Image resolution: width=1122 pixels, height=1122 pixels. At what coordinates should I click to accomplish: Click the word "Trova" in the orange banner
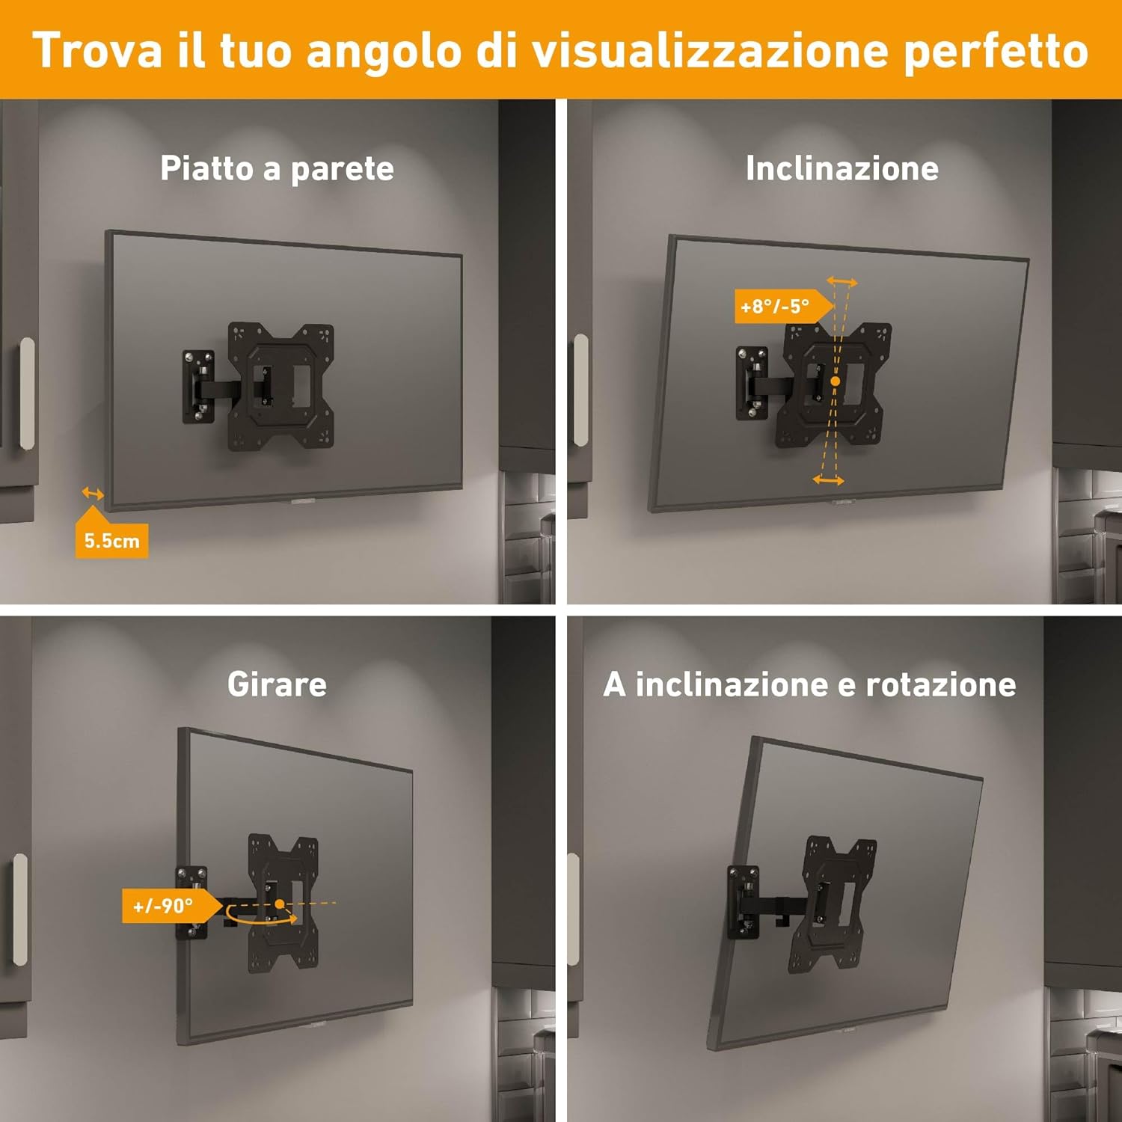tap(97, 50)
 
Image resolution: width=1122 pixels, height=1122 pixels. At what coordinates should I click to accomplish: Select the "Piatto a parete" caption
tap(277, 168)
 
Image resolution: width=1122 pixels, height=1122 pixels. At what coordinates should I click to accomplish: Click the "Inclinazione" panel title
tap(841, 168)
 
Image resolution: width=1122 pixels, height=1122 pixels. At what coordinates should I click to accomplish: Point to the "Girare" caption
tap(277, 684)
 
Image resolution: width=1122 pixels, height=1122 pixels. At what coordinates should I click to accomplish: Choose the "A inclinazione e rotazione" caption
tap(809, 684)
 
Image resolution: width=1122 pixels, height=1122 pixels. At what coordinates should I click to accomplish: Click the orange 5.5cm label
tap(111, 540)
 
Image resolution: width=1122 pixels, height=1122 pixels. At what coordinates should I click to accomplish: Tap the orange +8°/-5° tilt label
tap(776, 307)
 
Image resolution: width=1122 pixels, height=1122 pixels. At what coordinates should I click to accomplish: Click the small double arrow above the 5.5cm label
tap(93, 493)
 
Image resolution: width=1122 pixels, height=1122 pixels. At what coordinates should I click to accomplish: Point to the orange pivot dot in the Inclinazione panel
tap(836, 381)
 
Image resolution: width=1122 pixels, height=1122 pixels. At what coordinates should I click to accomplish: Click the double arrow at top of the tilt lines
tap(841, 282)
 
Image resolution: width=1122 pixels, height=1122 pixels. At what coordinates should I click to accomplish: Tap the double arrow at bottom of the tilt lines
tap(828, 480)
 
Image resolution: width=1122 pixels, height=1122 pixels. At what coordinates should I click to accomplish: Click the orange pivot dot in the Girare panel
tap(280, 904)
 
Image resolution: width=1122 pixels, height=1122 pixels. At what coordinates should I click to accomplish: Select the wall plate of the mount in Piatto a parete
tap(197, 387)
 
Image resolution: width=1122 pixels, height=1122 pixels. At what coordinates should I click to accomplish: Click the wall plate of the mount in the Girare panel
tap(191, 903)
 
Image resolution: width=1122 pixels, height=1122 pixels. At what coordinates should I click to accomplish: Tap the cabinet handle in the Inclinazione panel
tap(580, 390)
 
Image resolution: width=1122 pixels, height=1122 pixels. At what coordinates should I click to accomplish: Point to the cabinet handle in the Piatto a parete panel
tap(27, 393)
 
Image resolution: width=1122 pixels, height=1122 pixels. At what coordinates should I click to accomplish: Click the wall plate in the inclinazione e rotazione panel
tap(743, 902)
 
